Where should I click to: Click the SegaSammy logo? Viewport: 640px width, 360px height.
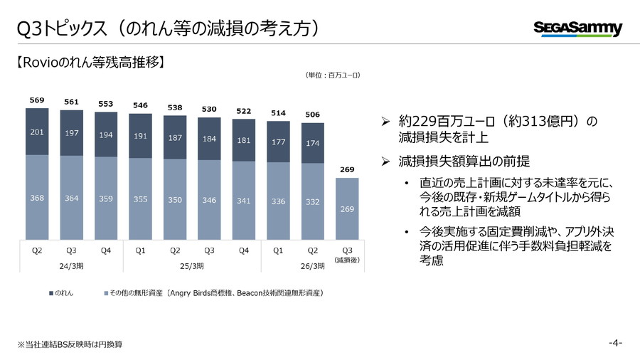pos(577,28)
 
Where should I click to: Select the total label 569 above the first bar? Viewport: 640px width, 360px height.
pos(37,100)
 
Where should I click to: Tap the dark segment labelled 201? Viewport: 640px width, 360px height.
pos(37,132)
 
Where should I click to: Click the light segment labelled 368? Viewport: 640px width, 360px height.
pos(37,198)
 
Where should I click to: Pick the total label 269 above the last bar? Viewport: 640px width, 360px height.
pos(347,169)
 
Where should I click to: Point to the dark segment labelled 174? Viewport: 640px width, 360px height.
pos(313,144)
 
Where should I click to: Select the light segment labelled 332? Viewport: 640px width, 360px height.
pos(313,203)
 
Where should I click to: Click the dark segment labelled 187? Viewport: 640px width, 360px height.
pos(175,137)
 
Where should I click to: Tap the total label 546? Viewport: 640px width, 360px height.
pos(140,105)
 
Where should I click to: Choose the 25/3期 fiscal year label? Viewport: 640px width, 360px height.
pos(192,265)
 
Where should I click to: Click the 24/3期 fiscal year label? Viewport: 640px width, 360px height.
pos(71,265)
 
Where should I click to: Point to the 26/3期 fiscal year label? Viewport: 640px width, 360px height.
pos(295,265)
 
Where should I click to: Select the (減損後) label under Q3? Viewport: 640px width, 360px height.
pos(347,261)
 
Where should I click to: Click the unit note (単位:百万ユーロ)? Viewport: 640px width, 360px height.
pos(332,74)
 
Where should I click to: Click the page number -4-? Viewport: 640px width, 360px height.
pos(615,343)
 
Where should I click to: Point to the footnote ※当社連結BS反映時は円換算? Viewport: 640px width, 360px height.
pos(70,344)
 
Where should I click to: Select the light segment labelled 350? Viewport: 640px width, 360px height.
pos(175,201)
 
